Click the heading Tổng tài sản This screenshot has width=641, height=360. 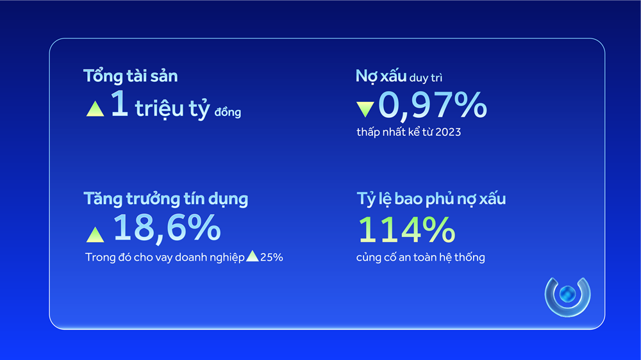point(131,76)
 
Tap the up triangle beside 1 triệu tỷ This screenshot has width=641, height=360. point(95,108)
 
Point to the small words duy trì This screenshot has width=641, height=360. point(426,78)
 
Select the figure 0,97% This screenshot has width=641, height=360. point(432,106)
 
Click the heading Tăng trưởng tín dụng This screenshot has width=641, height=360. point(166,199)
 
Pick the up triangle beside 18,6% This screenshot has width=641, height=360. point(95,234)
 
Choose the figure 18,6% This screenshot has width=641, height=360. point(167,229)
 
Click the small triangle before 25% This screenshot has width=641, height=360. point(253,256)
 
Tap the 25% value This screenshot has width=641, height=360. point(272,258)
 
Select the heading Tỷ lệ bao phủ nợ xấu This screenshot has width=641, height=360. point(431,199)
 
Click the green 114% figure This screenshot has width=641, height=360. point(406,229)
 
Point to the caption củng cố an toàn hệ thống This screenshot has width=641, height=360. point(420,258)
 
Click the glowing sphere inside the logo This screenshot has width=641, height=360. point(567,295)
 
